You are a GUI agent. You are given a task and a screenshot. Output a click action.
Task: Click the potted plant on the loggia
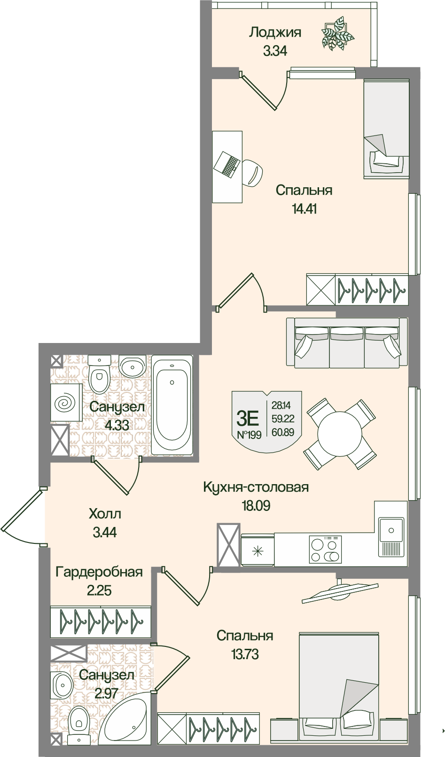tap(337, 33)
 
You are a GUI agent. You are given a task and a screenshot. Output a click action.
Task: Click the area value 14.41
tap(304, 208)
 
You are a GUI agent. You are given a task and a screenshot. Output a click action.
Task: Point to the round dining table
tap(339, 434)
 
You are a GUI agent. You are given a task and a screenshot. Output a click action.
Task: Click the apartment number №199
tap(249, 434)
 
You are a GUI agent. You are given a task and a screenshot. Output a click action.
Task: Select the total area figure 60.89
tap(282, 432)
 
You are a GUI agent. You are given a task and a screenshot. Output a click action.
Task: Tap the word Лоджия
tap(275, 32)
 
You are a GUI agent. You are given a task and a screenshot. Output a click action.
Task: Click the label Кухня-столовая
tap(256, 487)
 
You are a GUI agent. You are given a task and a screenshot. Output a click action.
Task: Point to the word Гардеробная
tap(99, 572)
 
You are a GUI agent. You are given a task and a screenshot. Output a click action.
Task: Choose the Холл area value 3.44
tap(104, 533)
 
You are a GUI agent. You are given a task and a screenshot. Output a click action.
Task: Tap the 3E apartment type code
tap(248, 417)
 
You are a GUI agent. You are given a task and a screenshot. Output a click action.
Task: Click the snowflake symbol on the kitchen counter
tap(258, 550)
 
